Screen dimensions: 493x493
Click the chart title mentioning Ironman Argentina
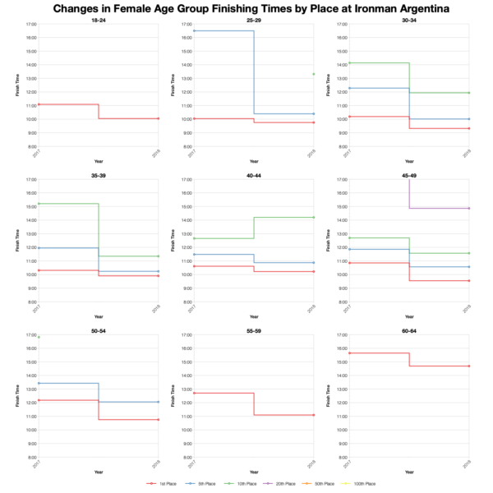[246, 8]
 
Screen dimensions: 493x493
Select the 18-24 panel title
[98, 19]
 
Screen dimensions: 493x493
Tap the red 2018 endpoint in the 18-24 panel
[158, 118]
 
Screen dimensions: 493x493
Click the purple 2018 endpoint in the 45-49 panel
[468, 208]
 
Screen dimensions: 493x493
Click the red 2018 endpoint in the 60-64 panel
[468, 366]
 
